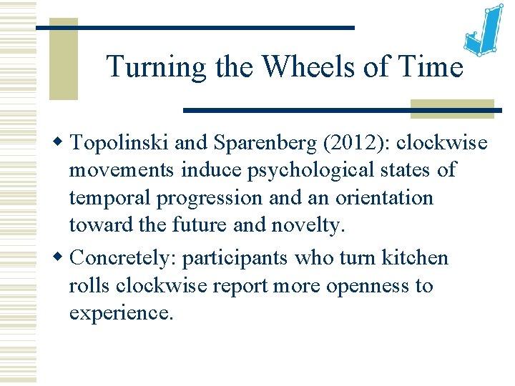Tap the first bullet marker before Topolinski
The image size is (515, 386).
pos(62,142)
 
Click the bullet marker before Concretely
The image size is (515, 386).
pos(62,257)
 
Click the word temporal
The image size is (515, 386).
pos(116,197)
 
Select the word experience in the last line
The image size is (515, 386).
pos(120,313)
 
